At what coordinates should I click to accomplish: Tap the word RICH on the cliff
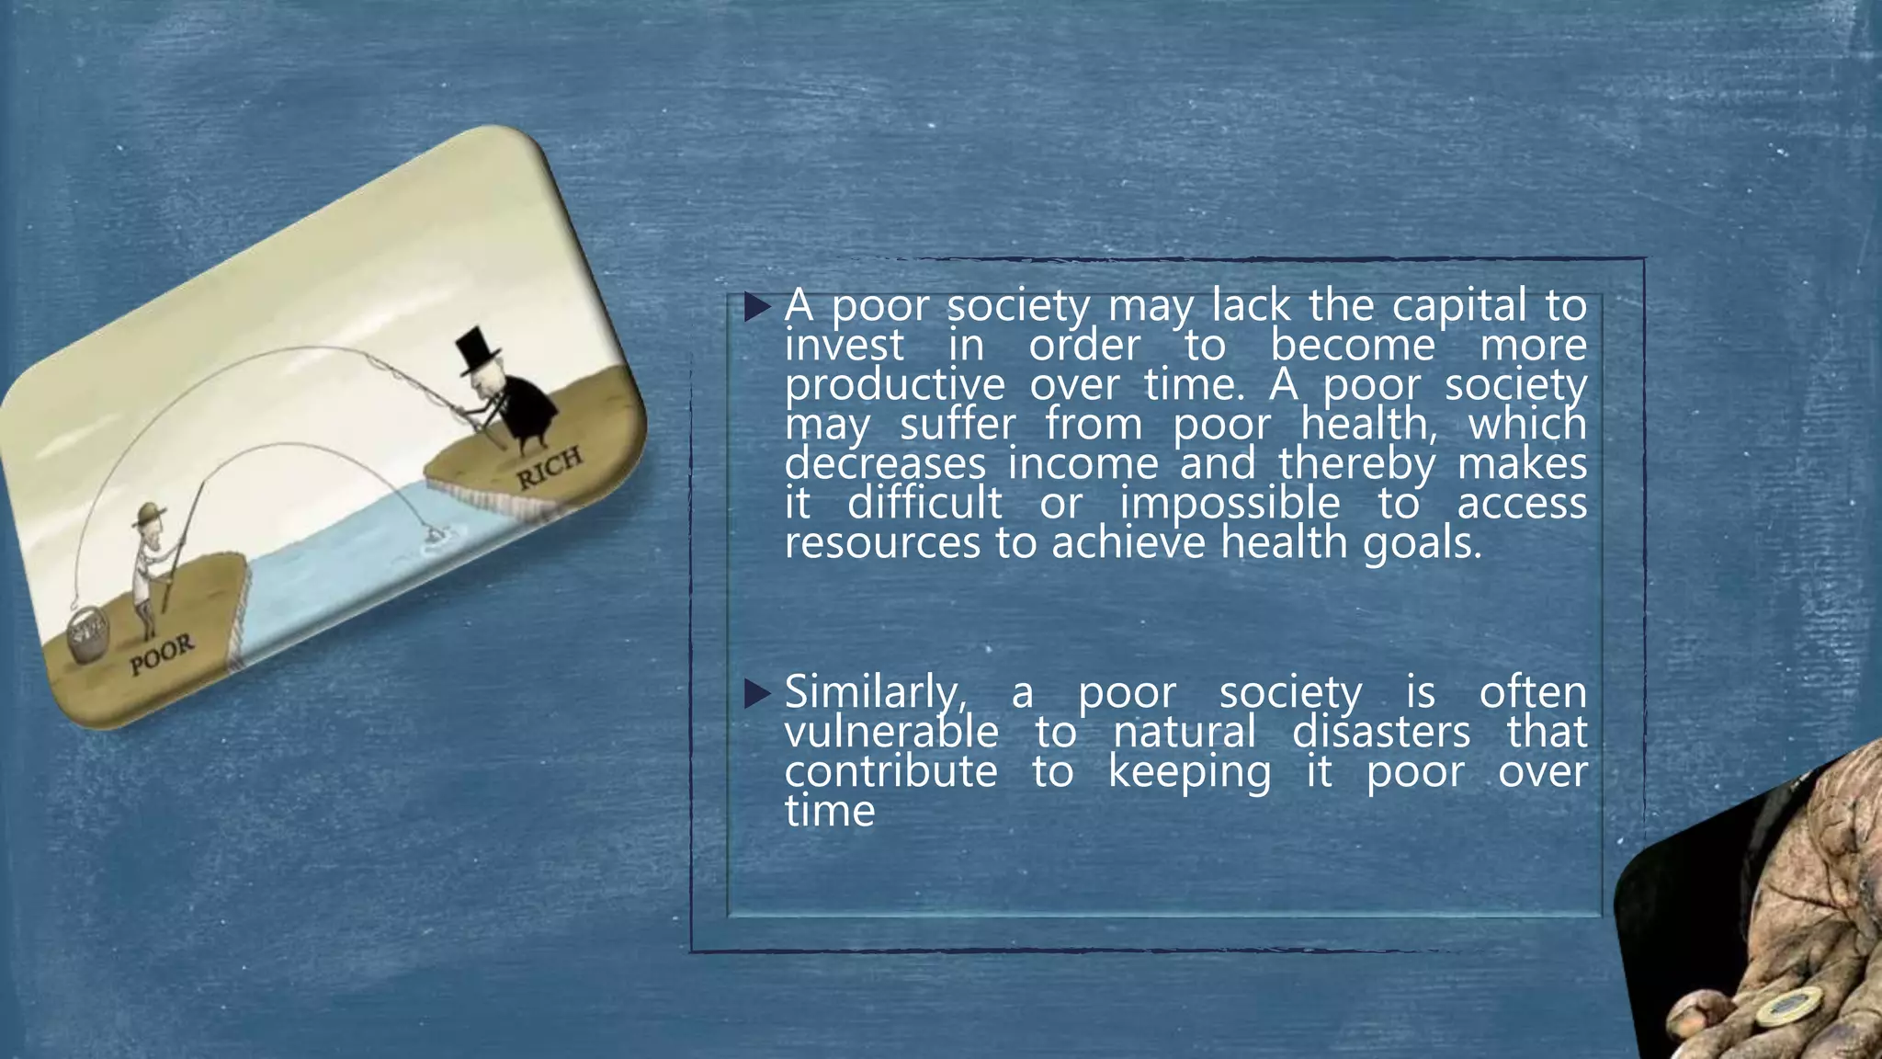(x=548, y=467)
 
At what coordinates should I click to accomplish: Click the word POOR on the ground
(x=162, y=654)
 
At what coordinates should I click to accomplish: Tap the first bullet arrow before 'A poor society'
(x=757, y=307)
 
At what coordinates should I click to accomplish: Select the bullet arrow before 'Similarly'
(x=757, y=694)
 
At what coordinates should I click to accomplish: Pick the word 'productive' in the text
(x=881, y=384)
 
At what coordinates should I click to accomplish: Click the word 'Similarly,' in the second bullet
(x=874, y=692)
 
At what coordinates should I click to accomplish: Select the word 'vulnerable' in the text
(x=891, y=732)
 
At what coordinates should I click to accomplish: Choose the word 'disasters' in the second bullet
(x=1381, y=732)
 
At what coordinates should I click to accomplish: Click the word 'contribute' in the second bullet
(x=890, y=771)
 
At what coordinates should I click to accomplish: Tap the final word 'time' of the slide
(x=830, y=811)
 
